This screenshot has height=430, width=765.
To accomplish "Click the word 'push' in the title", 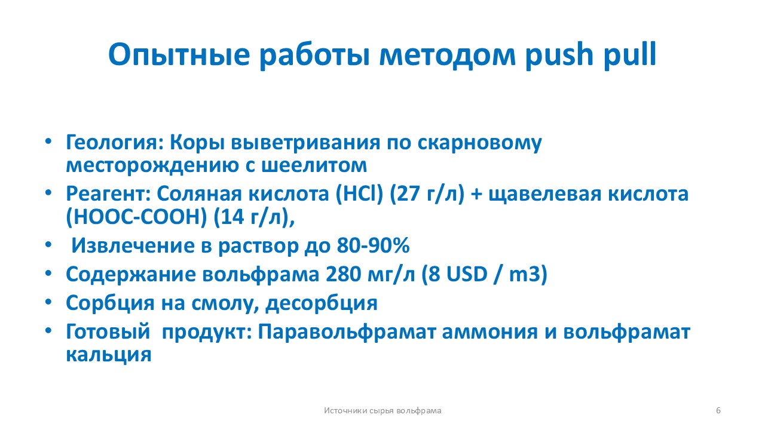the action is coord(559,55).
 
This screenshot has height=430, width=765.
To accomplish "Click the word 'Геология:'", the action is coord(115,143).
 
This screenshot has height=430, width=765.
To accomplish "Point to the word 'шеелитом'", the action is coord(314,165).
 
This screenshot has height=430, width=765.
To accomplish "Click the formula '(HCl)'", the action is coord(359,194).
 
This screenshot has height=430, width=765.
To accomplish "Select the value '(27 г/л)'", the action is coord(427,194).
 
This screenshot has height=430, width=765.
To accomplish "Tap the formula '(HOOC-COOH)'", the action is coord(136,217).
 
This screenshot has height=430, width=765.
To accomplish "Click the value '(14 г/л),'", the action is coord(254,217).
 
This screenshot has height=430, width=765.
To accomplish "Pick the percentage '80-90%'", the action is coord(373,245).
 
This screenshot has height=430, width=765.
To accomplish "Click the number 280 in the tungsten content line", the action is coord(343,274).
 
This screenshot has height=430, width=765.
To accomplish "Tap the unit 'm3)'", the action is coord(528,275).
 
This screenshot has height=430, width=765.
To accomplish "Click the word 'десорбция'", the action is coord(322,303).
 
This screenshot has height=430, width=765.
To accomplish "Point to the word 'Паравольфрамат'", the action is coord(347,331).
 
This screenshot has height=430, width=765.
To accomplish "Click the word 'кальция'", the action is coord(109,355).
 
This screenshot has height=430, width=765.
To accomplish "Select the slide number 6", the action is coord(718,410).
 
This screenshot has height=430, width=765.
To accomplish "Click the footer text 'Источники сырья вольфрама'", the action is coord(382,410).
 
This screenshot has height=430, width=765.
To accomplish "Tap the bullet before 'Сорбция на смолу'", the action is coord(48,302).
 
